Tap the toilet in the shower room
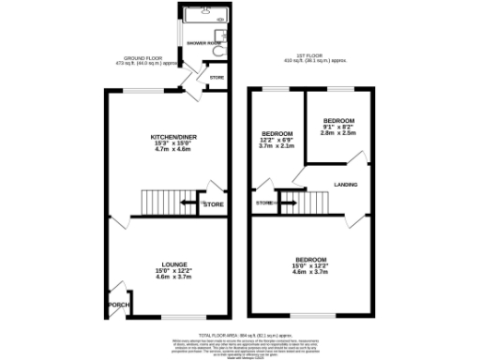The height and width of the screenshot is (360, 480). point(216,53)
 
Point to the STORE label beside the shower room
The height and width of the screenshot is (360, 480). point(217,77)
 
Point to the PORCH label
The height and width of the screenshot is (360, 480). point(118,304)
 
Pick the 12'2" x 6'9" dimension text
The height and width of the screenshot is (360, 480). point(277,140)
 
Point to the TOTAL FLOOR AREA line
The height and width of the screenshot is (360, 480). point(239,333)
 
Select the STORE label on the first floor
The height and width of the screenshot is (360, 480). point(263,202)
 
